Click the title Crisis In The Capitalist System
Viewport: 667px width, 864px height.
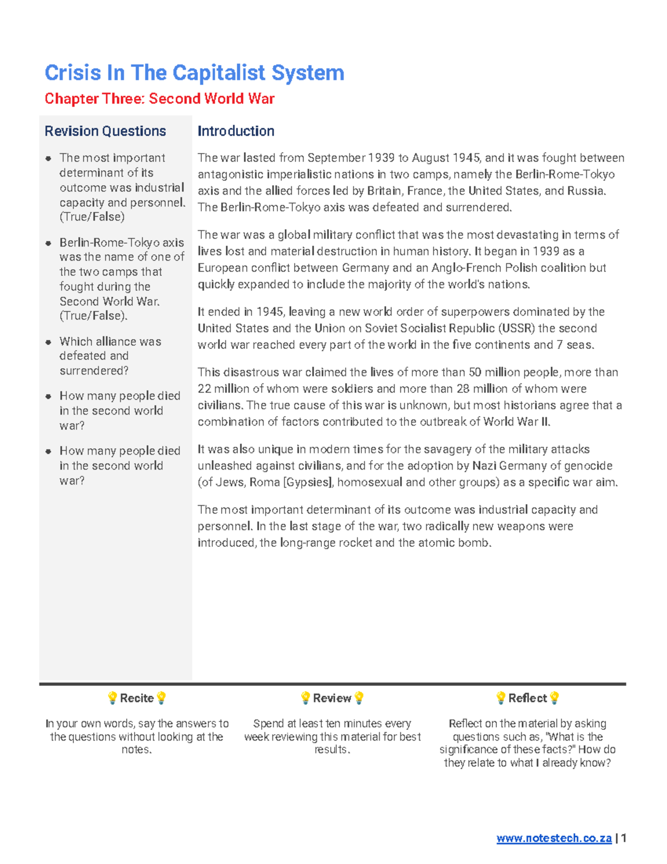pyautogui.click(x=194, y=73)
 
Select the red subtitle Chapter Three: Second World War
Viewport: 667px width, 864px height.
pyautogui.click(x=160, y=99)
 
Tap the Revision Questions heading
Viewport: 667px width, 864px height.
pyautogui.click(x=105, y=131)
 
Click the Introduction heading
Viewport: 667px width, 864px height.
pyautogui.click(x=236, y=131)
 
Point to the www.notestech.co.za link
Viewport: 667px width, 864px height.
pyautogui.click(x=554, y=838)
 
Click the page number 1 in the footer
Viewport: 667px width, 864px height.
pyautogui.click(x=624, y=838)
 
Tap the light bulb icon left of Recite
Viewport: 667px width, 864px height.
pyautogui.click(x=112, y=698)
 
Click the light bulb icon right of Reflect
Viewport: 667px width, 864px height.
pyautogui.click(x=554, y=698)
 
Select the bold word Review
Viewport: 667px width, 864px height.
pyautogui.click(x=332, y=698)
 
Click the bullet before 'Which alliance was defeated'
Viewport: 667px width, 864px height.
pyautogui.click(x=48, y=342)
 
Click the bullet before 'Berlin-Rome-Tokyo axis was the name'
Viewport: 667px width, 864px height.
pyautogui.click(x=48, y=243)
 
